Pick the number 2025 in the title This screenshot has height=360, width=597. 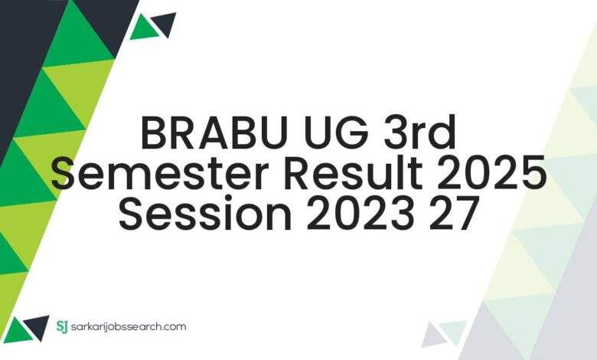click(x=490, y=175)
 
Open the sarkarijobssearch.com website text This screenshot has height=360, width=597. click(x=129, y=327)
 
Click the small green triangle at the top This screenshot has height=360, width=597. click(x=143, y=28)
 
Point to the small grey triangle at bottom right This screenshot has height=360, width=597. click(x=433, y=334)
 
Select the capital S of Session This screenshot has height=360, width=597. click(x=133, y=214)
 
